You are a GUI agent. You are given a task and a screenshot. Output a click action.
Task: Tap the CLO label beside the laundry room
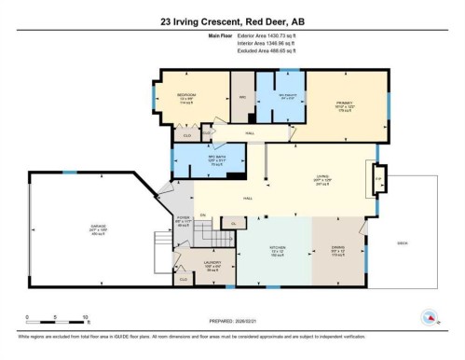point(183,279)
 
